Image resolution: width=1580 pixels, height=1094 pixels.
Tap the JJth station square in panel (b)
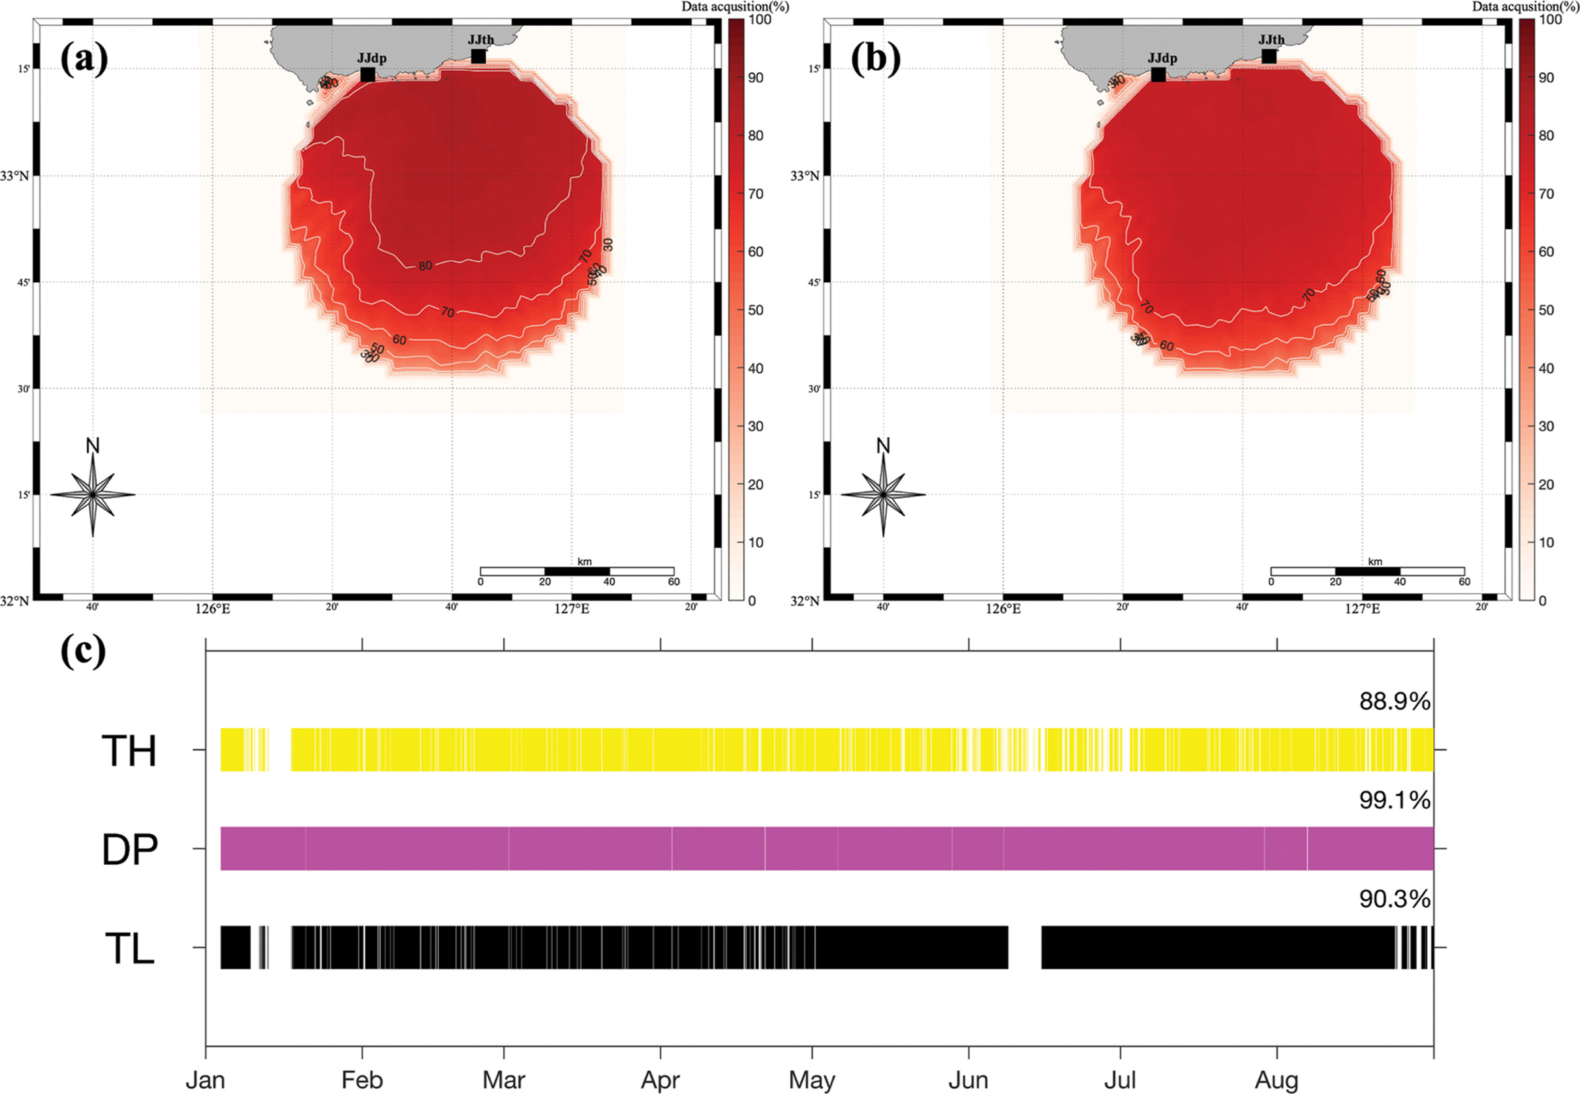[x=1269, y=56]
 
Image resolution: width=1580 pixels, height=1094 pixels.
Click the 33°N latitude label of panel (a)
[x=15, y=176]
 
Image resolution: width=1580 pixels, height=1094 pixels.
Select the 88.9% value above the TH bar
[x=1394, y=701]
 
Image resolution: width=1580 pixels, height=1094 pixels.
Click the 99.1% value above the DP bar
[x=1394, y=800]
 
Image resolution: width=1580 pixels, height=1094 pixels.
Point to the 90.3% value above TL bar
[x=1394, y=899]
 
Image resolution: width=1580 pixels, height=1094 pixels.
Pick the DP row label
[x=129, y=849]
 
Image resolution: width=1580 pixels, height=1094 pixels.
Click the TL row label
[x=129, y=949]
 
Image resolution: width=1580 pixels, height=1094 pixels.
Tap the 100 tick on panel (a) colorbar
[x=760, y=20]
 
